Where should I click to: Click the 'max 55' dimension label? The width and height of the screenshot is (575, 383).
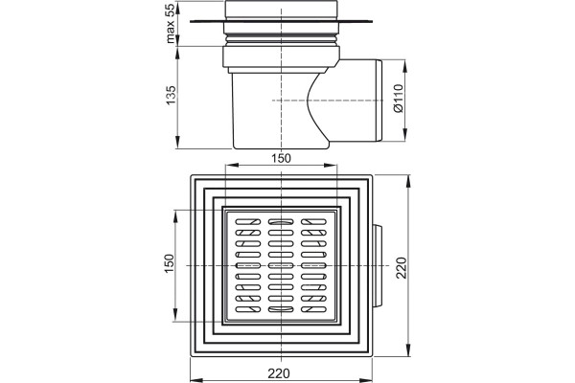[171, 22]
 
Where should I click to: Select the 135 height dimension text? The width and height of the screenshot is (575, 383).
[171, 96]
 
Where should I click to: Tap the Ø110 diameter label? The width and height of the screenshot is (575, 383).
[398, 99]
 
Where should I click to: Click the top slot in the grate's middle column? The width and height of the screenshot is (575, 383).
[281, 222]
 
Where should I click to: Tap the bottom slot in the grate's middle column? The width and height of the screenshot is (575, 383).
[281, 309]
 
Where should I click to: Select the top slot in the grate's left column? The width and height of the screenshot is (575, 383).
[248, 222]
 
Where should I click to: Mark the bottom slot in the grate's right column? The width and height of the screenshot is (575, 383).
[313, 309]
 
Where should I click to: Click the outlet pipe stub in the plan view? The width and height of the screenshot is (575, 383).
[378, 266]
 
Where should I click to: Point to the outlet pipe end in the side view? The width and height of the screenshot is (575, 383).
[379, 101]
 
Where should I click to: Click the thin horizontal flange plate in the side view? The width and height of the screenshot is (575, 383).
[281, 22]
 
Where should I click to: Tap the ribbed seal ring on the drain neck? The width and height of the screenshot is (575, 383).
[281, 37]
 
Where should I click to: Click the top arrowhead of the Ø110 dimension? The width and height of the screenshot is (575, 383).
[405, 64]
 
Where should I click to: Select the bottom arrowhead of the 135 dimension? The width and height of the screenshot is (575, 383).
[177, 144]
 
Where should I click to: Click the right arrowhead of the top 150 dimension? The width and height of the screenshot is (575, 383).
[332, 166]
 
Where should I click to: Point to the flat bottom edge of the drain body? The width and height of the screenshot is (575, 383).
[281, 148]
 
